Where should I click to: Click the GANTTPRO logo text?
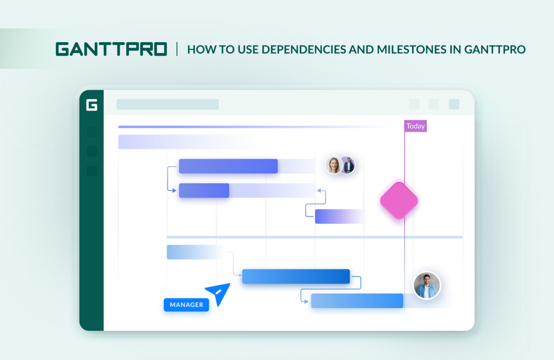coord(111,49)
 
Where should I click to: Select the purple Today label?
coord(415,126)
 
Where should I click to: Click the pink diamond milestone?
coord(399,200)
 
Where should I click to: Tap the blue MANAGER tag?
coord(186,305)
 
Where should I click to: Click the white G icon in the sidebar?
coord(91,105)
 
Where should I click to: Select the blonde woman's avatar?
coord(334,165)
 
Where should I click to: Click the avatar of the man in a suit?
coord(348,165)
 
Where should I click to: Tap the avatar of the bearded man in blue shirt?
coord(427,285)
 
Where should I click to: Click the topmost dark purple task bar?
coord(228,166)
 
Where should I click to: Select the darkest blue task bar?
coord(295,276)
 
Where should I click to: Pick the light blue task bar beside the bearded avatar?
coord(357,300)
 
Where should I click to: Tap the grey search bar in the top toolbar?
coord(167,104)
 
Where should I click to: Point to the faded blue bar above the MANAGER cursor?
coord(195,252)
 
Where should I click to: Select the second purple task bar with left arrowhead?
coord(204,191)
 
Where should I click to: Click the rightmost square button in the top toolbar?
coord(454,104)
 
